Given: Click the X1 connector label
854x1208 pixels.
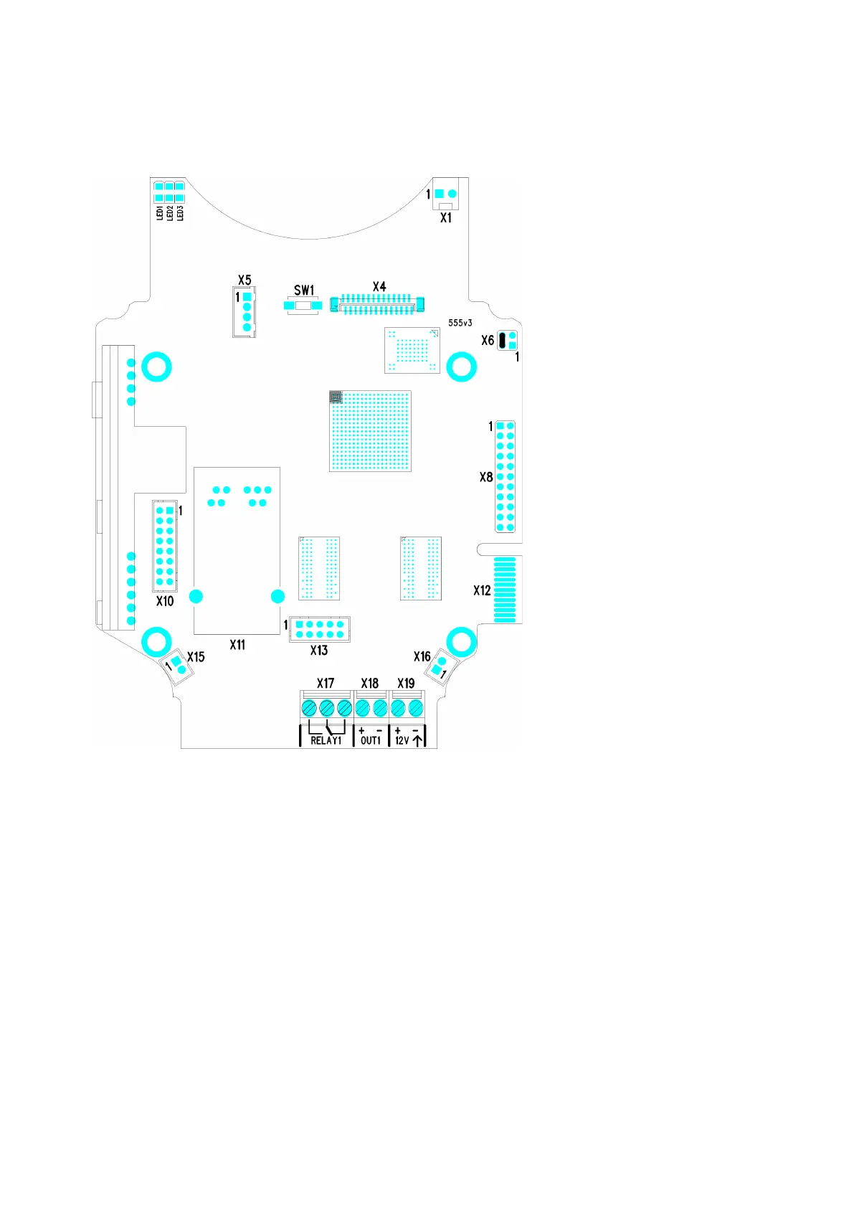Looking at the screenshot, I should pos(446,217).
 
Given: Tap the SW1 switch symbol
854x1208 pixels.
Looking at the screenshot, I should pos(303,306).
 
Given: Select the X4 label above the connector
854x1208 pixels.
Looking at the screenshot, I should pos(379,287).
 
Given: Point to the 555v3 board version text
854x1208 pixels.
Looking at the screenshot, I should pos(460,323).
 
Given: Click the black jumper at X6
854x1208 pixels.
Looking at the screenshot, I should pos(503,340).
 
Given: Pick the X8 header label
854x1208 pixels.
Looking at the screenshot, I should pos(486,477).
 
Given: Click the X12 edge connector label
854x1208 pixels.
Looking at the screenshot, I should pos(482,590).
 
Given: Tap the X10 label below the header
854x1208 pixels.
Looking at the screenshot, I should pos(165,601).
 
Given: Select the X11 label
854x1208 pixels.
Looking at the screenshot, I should pos(237,645).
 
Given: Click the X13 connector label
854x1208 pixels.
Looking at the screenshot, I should pos(319,650).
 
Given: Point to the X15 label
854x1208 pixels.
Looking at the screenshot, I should pos(196,656).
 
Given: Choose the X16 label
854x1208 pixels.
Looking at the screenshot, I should pos(422,656).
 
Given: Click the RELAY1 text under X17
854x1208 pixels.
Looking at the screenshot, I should pos(326,740).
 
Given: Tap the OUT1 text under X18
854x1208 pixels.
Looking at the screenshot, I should pos(371,740).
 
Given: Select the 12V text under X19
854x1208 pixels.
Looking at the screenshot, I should pos(402,740).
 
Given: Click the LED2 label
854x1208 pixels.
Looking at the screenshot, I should pos(170,213).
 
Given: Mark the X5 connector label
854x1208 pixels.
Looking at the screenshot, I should pos(245,280).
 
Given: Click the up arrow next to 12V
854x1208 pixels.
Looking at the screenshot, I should pos(418,740).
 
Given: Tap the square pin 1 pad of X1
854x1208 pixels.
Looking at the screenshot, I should pos(440,194).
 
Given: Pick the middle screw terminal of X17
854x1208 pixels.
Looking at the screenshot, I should pos(327,708).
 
